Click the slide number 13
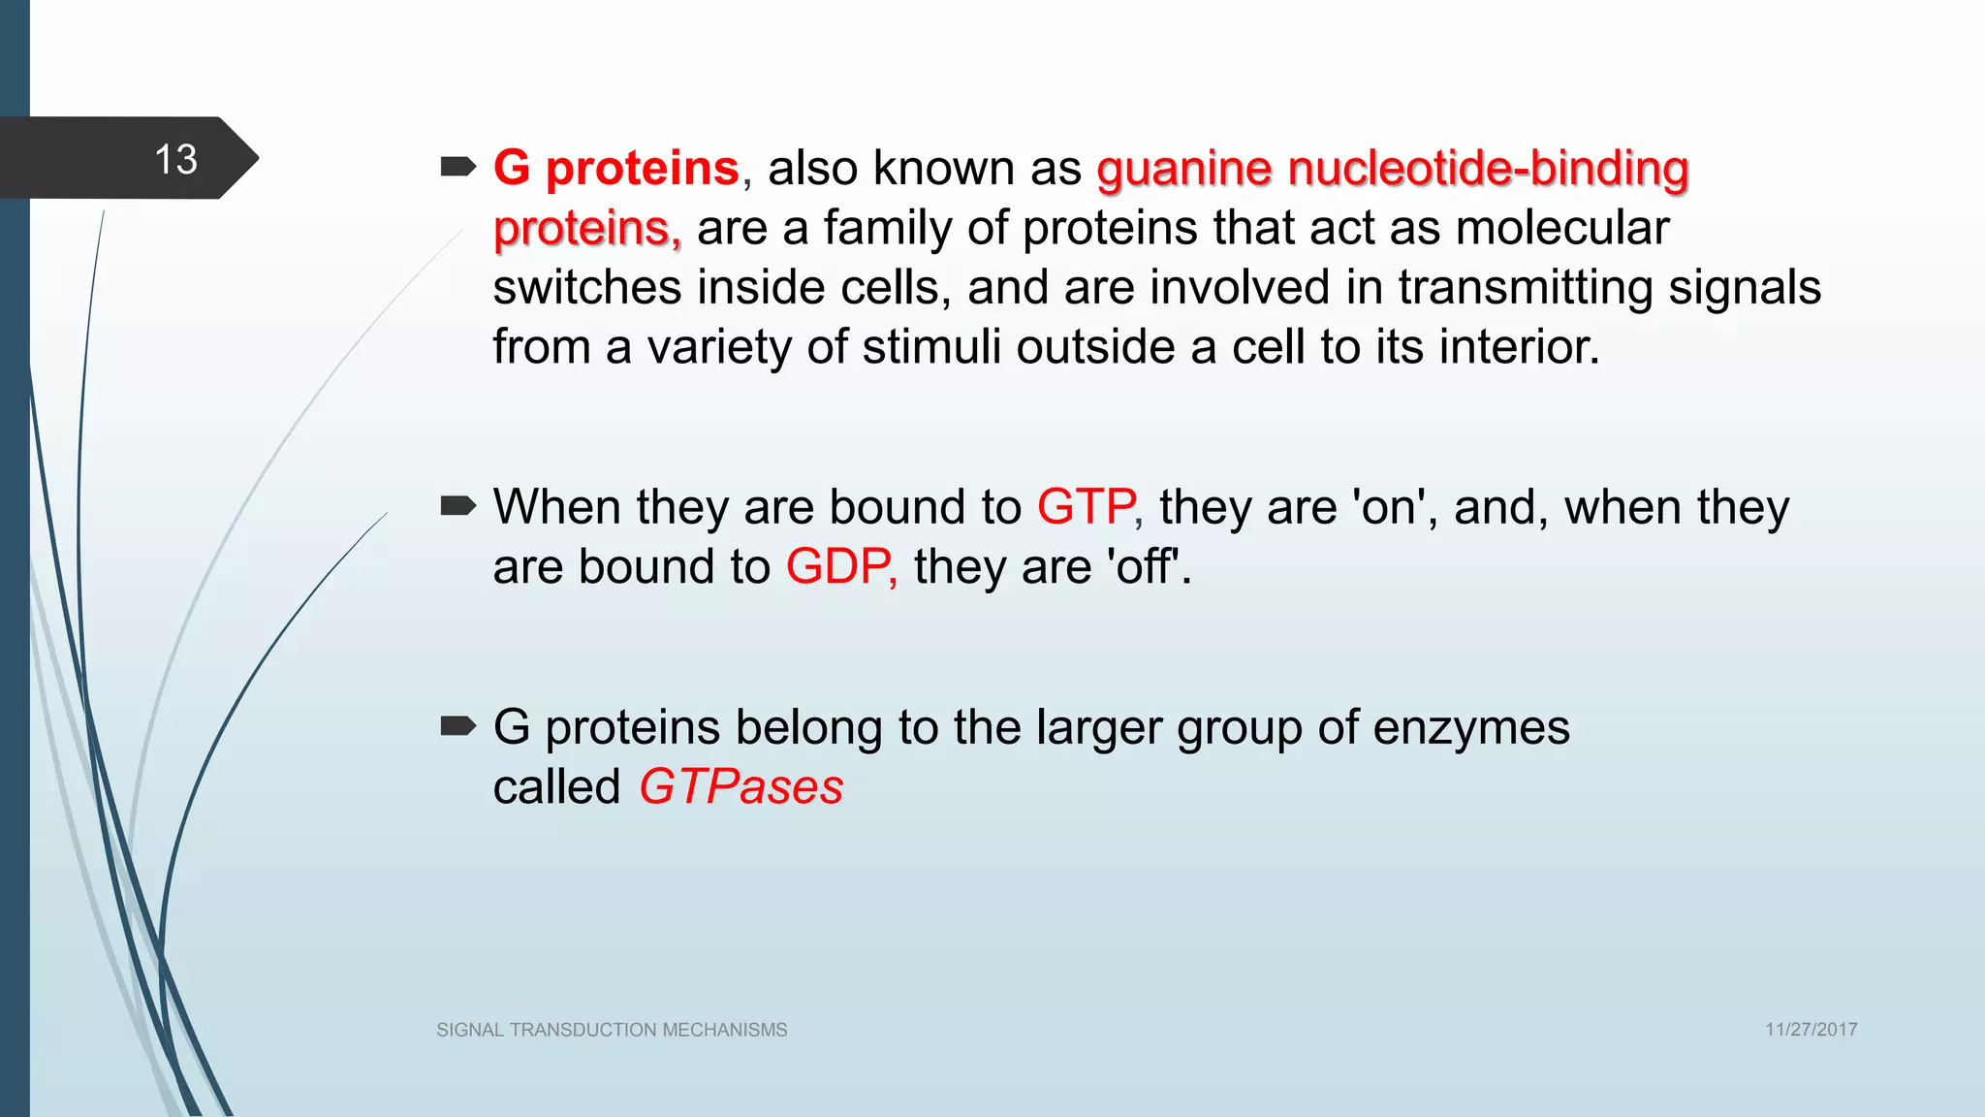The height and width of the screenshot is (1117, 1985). tap(175, 159)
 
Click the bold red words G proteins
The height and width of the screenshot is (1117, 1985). tap(616, 168)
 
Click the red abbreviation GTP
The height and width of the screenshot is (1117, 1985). tap(1087, 507)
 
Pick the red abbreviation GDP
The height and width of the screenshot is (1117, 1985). tap(838, 566)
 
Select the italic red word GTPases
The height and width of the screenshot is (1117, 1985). tap(740, 786)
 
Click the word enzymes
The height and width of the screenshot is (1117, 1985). tap(1470, 727)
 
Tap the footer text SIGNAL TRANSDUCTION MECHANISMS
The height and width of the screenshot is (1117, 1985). tap(612, 1030)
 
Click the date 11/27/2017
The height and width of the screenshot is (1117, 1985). tap(1811, 1030)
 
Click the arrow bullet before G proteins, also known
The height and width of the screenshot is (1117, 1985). tap(457, 168)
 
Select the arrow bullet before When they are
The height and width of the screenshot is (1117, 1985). tap(457, 506)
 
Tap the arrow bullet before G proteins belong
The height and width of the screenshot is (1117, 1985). tap(457, 726)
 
